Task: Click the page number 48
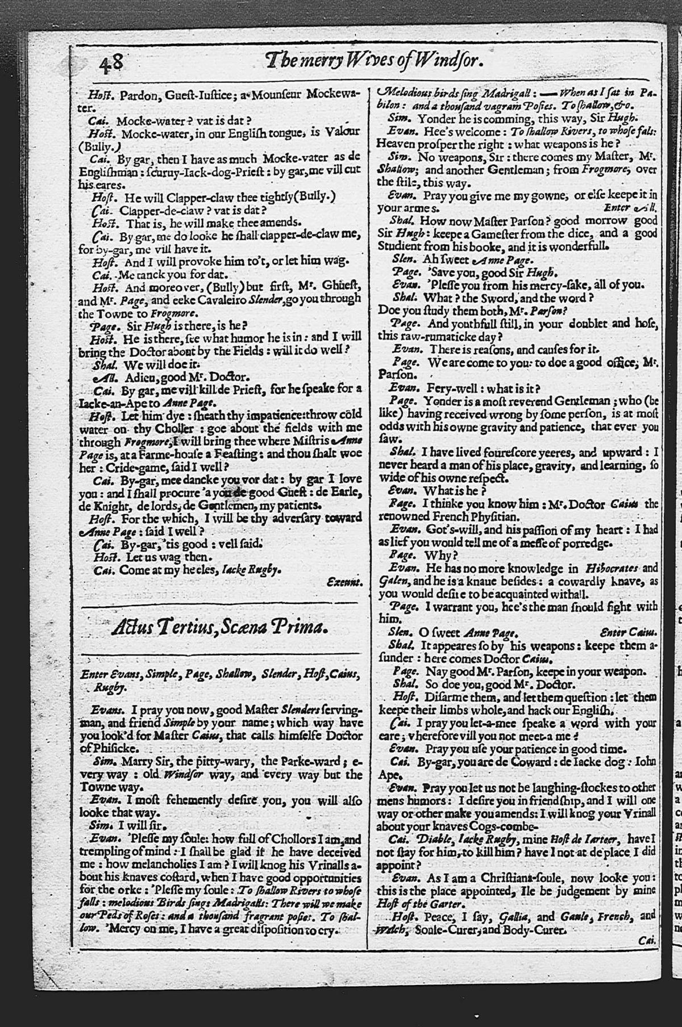pyautogui.click(x=111, y=60)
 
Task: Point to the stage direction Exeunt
pyautogui.click(x=344, y=582)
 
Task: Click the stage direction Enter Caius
pyautogui.click(x=629, y=632)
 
